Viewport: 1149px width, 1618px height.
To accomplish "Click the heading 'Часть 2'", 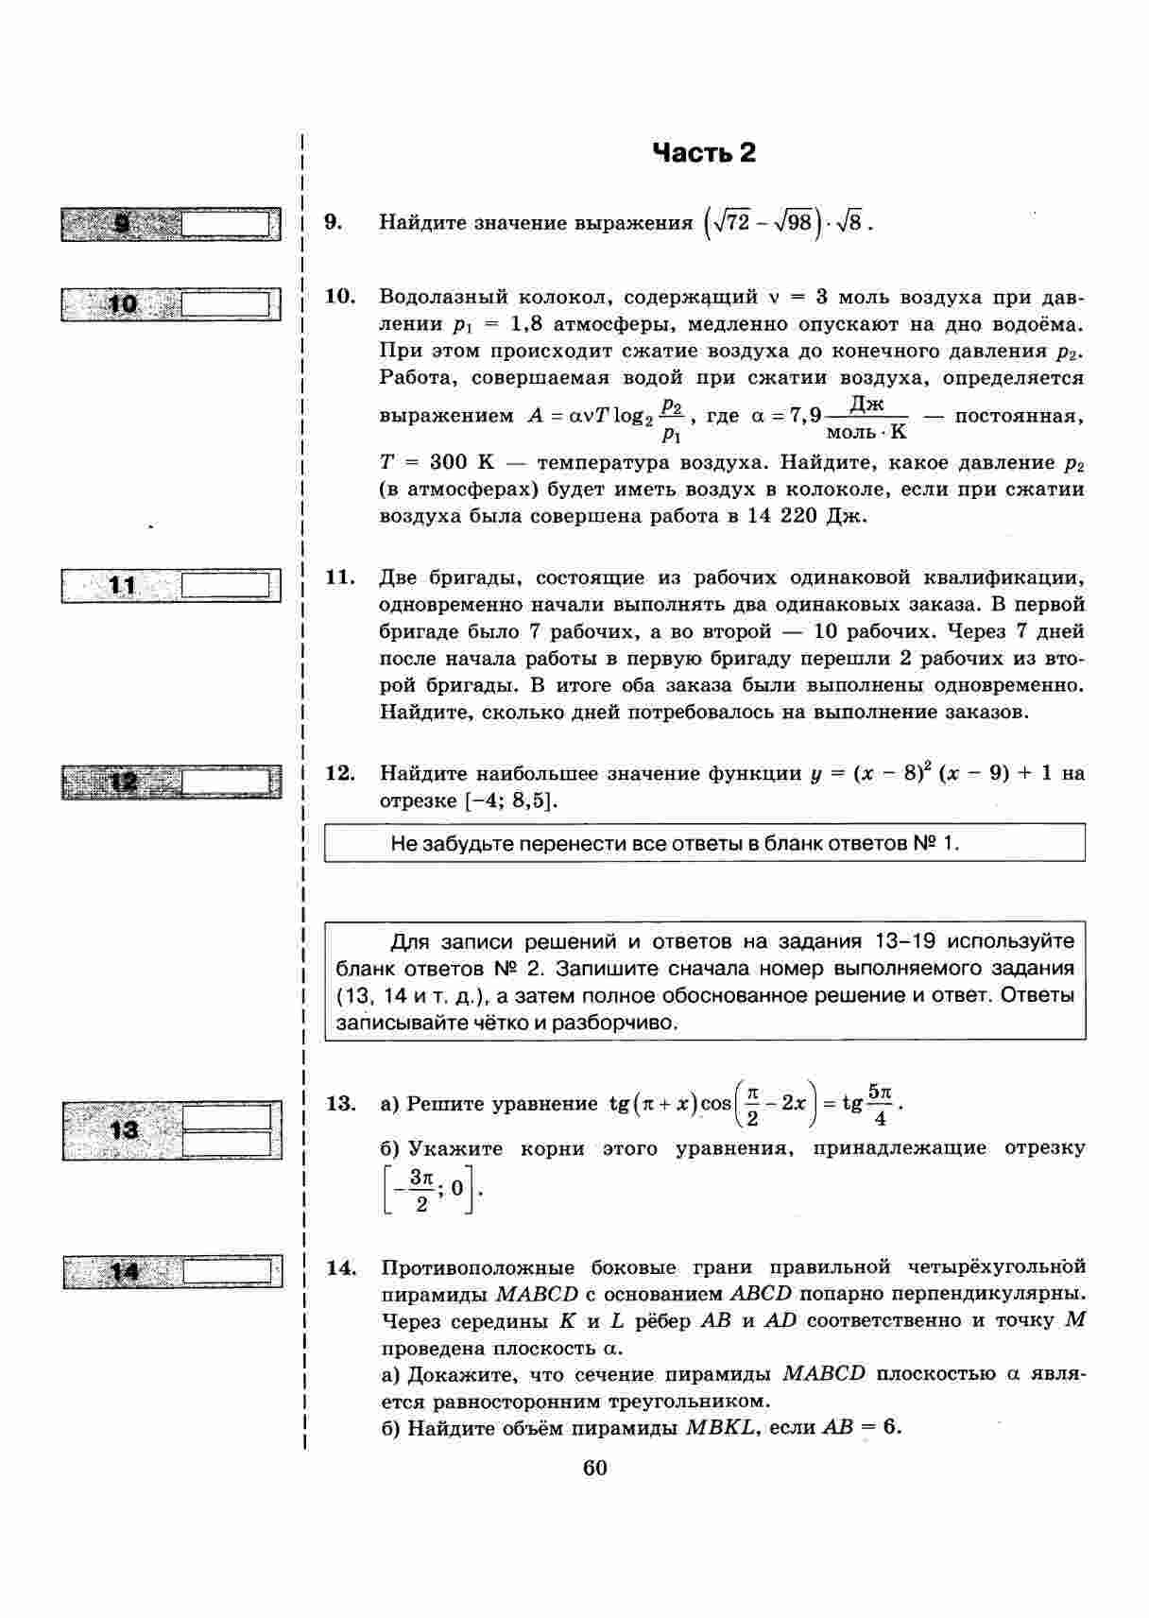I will [x=704, y=153].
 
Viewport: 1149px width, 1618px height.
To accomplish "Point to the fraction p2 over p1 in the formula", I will [x=672, y=419].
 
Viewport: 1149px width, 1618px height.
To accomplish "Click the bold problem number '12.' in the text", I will [x=340, y=773].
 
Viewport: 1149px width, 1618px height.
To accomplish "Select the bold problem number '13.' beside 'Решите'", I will [x=340, y=1104].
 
